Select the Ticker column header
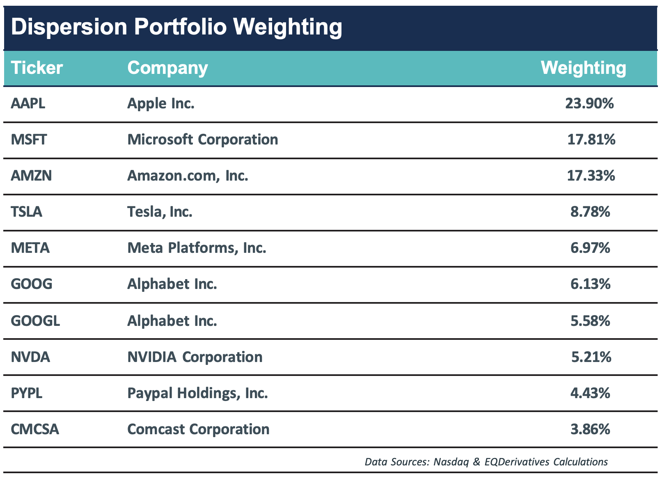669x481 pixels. point(37,68)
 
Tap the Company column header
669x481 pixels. point(167,68)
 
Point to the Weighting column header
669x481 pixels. point(583,68)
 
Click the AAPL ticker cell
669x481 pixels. point(28,103)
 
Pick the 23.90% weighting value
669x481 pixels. point(589,103)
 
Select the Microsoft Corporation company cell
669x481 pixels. point(203,140)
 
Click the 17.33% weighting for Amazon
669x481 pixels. point(591,176)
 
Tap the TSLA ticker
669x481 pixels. point(26,212)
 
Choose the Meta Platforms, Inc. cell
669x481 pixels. point(197,248)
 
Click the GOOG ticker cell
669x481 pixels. point(32,284)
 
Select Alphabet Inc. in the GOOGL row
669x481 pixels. point(172,320)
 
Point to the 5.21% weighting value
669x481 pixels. point(591,357)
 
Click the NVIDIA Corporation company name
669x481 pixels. point(195,357)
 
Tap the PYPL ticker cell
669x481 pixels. point(26,393)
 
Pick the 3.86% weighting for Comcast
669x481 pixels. point(590,429)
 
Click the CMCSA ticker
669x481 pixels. point(35,429)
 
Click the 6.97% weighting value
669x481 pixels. point(590,248)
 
